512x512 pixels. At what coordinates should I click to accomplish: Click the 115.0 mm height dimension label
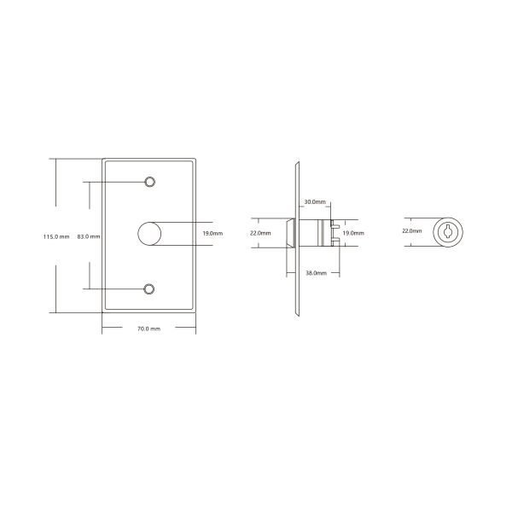pyautogui.click(x=56, y=236)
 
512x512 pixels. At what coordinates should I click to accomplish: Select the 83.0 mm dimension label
pyautogui.click(x=89, y=236)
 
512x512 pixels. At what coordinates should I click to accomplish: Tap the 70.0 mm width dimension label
pyautogui.click(x=148, y=329)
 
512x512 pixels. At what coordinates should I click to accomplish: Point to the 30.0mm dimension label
pyautogui.click(x=315, y=201)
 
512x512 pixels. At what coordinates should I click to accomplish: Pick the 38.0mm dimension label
pyautogui.click(x=316, y=273)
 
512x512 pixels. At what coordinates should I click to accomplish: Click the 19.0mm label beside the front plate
pyautogui.click(x=212, y=233)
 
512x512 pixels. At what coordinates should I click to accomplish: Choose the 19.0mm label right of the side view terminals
pyautogui.click(x=353, y=233)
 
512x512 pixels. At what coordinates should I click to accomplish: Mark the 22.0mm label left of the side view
pyautogui.click(x=260, y=233)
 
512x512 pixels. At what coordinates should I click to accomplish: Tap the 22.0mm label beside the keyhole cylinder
pyautogui.click(x=412, y=230)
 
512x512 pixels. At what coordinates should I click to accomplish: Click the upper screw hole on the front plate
pyautogui.click(x=149, y=182)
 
